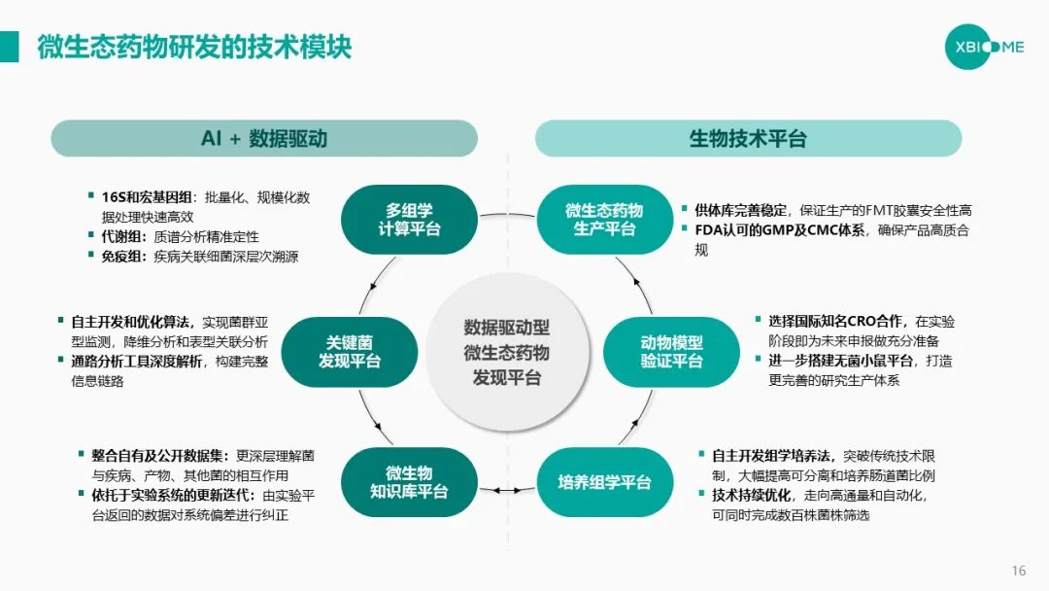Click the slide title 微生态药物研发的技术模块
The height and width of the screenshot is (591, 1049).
pos(194,48)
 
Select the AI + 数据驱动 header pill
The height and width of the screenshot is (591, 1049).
pos(264,138)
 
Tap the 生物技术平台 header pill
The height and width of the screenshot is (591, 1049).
pos(748,138)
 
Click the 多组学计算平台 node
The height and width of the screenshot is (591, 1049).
pos(409,220)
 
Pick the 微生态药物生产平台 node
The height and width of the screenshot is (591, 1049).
pos(604,220)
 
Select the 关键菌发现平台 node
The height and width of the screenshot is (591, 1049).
pos(350,352)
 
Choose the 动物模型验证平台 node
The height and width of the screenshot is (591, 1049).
pos(671,352)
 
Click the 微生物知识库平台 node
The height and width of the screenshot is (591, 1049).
pos(409,482)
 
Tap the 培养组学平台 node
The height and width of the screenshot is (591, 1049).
pos(604,482)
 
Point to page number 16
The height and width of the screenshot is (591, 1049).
pos(1019,571)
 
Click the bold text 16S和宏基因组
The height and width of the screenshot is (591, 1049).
pos(148,197)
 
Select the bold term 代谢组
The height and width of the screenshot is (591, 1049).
pos(122,236)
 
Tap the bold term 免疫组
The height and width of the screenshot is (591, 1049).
pos(122,257)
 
